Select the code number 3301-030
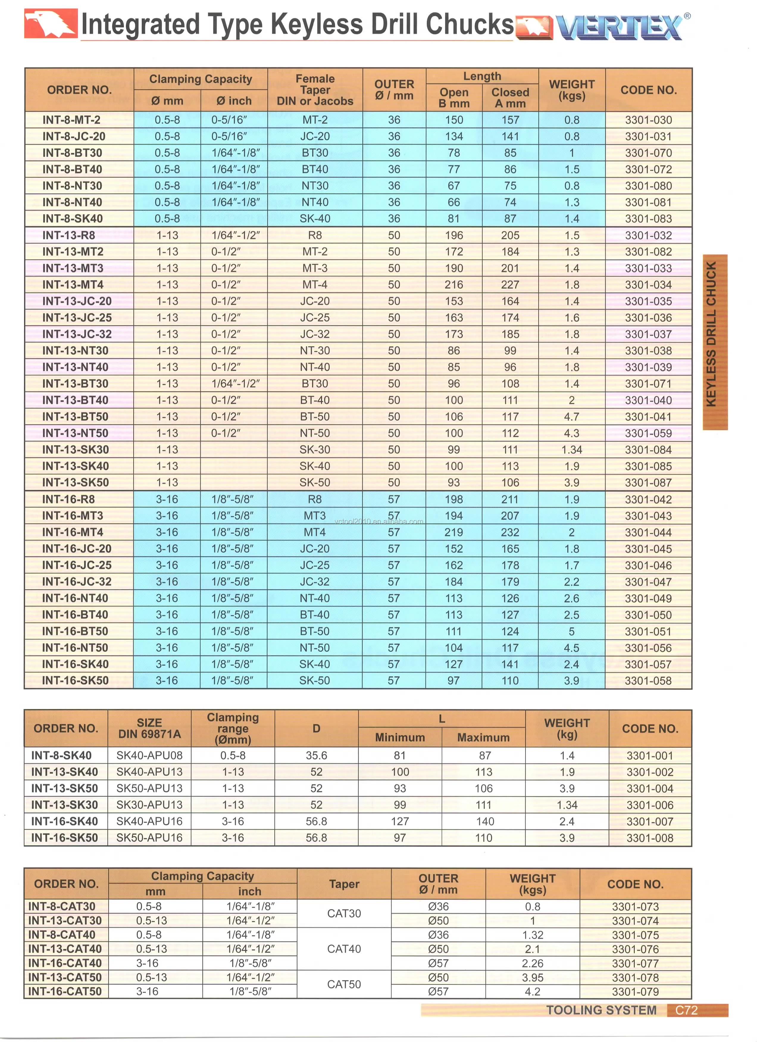[648, 120]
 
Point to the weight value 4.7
[571, 417]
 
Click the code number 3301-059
[648, 433]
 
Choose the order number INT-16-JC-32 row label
[77, 582]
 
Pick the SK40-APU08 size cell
[149, 755]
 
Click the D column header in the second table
[316, 728]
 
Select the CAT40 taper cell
[344, 949]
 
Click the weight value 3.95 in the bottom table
[532, 977]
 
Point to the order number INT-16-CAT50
[65, 991]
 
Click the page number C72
[686, 1010]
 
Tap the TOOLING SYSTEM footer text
[601, 1010]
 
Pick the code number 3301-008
[650, 837]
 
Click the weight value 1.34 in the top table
[571, 450]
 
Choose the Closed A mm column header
[510, 98]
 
